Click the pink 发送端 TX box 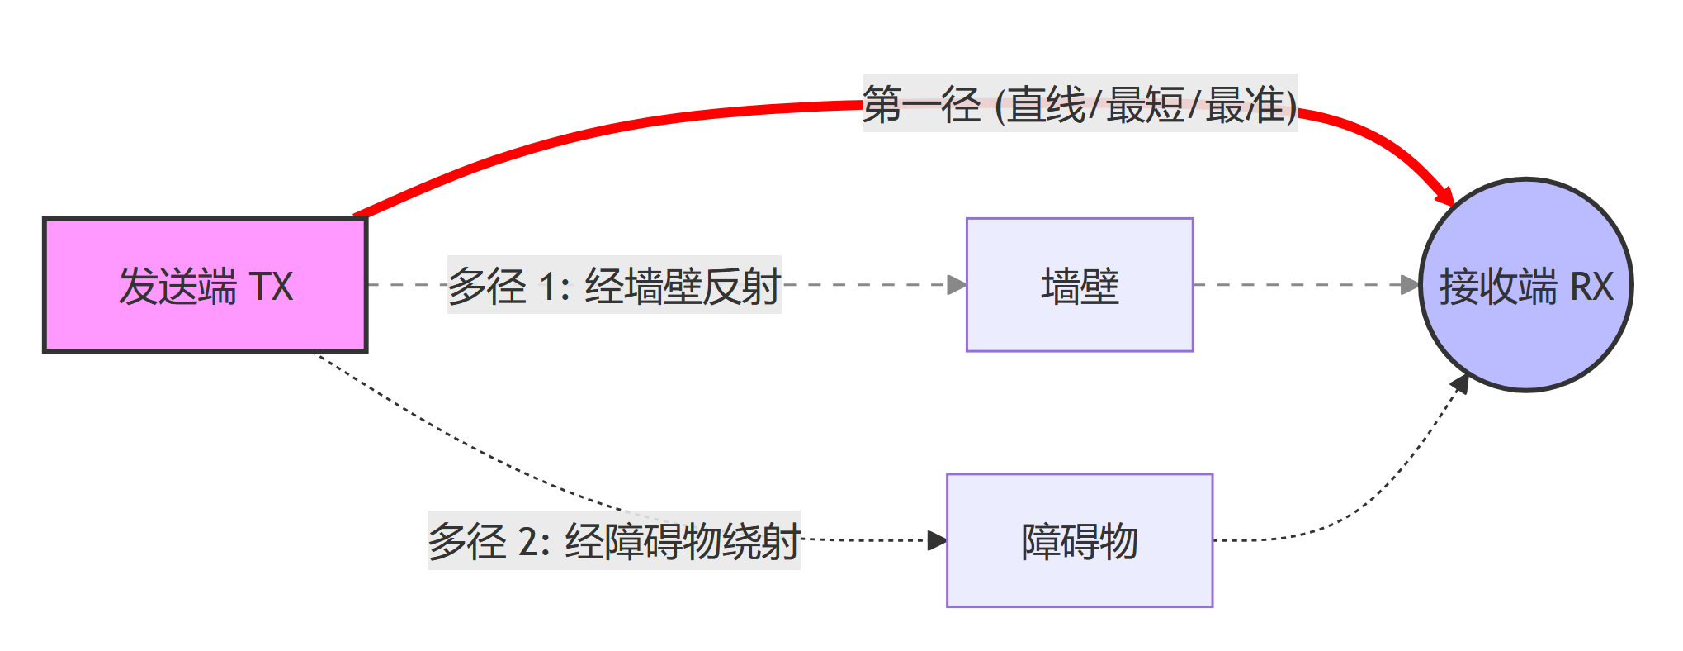[x=205, y=285]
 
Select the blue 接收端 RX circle [x=1525, y=284]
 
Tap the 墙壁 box [x=1080, y=285]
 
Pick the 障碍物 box [x=1080, y=540]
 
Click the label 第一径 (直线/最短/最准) [x=1080, y=104]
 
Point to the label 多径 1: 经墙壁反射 [x=614, y=285]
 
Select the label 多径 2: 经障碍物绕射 [x=614, y=540]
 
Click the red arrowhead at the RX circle [x=1445, y=196]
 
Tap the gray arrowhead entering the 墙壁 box [x=957, y=285]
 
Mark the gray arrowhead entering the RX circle [x=1410, y=285]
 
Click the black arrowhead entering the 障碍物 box [x=937, y=540]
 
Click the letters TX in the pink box [x=271, y=287]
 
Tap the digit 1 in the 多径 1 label [x=547, y=287]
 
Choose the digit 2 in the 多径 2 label [x=527, y=543]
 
